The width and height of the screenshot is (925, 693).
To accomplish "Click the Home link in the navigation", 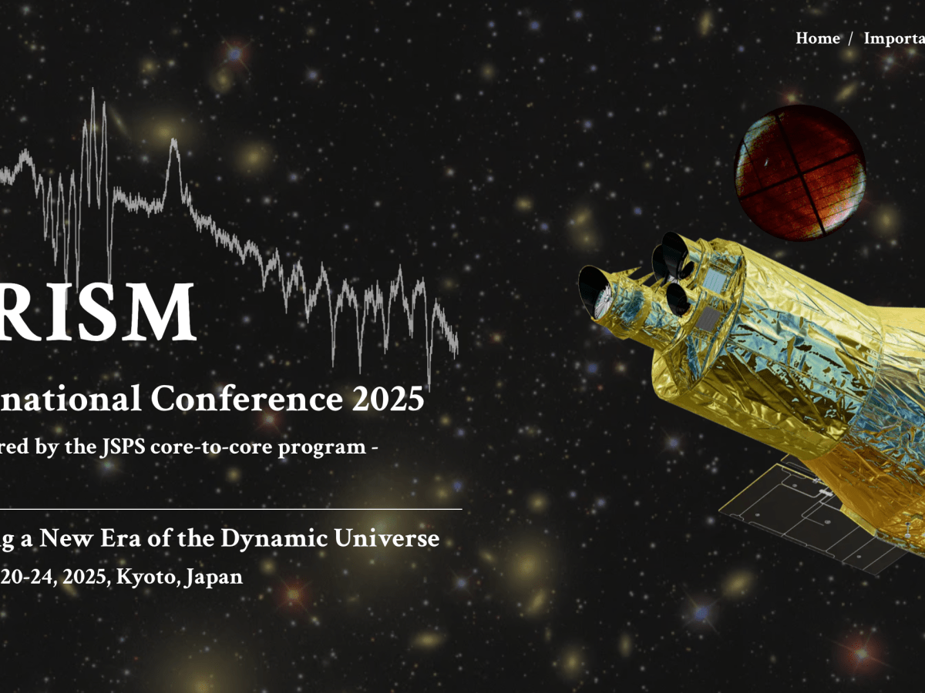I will click(x=817, y=38).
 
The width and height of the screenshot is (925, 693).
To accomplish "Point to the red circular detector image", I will click(x=799, y=171).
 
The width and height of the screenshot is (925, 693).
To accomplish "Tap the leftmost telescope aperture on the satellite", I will click(x=594, y=292).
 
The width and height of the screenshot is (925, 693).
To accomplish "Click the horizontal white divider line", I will click(x=231, y=509).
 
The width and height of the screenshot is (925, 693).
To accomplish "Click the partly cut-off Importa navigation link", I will click(x=894, y=38).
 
